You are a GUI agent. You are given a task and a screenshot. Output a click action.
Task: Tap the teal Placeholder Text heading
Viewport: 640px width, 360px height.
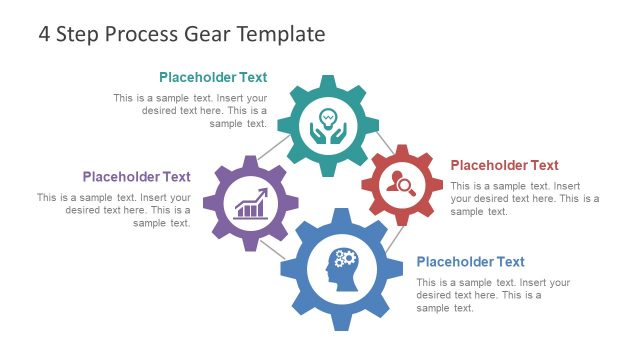(213, 77)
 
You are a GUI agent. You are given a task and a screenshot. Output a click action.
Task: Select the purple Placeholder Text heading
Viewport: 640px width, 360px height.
(136, 177)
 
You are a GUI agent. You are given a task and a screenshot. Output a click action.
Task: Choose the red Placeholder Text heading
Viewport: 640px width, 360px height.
(504, 165)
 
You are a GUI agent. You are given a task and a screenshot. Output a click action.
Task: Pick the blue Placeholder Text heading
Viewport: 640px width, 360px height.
(470, 262)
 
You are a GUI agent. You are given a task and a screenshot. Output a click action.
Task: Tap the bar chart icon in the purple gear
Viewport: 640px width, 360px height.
(251, 204)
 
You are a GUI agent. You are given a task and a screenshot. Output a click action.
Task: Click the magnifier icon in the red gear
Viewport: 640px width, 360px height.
(402, 183)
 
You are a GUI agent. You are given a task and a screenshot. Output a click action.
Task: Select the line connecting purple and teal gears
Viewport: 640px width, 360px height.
(273, 150)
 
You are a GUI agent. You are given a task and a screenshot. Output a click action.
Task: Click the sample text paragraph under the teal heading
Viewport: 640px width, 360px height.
(190, 111)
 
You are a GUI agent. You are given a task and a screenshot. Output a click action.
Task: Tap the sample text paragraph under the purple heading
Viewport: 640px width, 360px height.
(114, 210)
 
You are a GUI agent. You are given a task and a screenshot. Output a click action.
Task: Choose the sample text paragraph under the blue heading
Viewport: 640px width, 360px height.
(492, 295)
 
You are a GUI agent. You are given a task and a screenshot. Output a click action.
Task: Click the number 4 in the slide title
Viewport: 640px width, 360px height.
(45, 34)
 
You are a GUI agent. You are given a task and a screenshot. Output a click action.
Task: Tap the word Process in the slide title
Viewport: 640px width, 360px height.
(137, 34)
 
